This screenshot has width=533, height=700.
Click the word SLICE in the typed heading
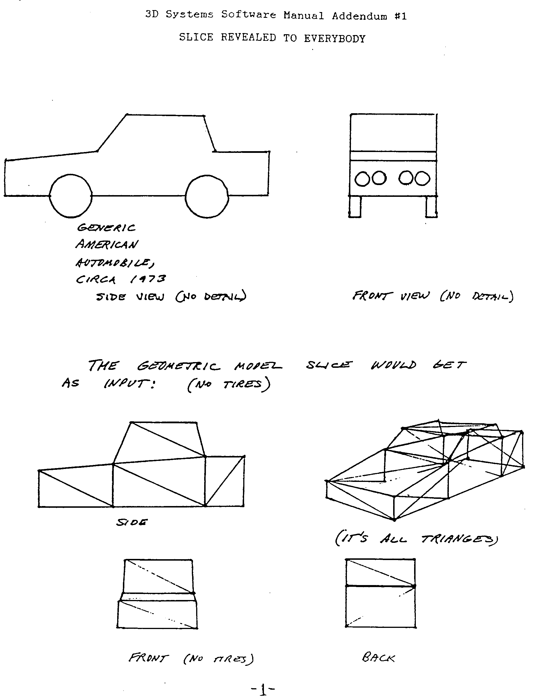click(196, 37)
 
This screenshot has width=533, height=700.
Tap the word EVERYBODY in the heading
click(335, 39)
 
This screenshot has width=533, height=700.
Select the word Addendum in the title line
click(360, 16)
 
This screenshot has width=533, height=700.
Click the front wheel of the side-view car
click(71, 196)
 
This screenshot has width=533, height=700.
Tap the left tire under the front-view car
click(355, 207)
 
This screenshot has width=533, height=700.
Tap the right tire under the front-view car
click(431, 207)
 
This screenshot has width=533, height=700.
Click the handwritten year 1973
click(148, 279)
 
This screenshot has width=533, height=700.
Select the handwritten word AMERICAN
click(107, 245)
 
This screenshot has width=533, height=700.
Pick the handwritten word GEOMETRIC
click(178, 366)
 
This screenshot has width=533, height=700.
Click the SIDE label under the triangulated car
click(132, 522)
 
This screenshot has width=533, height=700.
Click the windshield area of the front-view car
click(393, 132)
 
